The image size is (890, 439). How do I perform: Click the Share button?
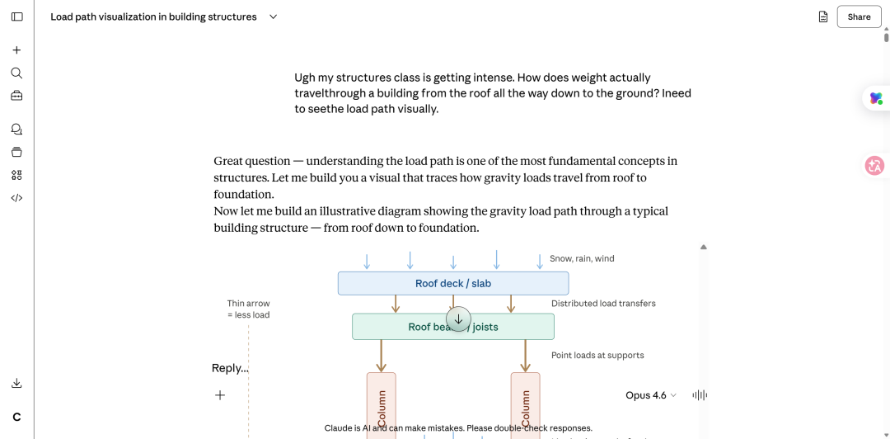pyautogui.click(x=859, y=17)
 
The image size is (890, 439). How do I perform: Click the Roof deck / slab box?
pyautogui.click(x=452, y=283)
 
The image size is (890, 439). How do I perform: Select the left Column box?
pyautogui.click(x=381, y=406)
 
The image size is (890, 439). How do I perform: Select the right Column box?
pyautogui.click(x=525, y=406)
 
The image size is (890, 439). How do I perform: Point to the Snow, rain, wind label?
pyautogui.click(x=582, y=258)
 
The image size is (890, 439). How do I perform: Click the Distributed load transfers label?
pyautogui.click(x=603, y=303)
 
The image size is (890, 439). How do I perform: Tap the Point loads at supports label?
pyautogui.click(x=597, y=355)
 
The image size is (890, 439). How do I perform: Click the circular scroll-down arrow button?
pyautogui.click(x=458, y=319)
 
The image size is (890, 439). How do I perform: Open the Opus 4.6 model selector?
pyautogui.click(x=650, y=395)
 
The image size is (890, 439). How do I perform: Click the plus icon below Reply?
pyautogui.click(x=220, y=395)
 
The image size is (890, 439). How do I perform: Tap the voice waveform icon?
pyautogui.click(x=700, y=395)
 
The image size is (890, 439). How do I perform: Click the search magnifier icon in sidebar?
pyautogui.click(x=16, y=73)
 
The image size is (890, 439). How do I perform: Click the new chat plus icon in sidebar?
pyautogui.click(x=16, y=50)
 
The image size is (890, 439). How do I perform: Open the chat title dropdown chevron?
pyautogui.click(x=274, y=17)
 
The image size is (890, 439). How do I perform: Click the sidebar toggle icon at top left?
pyautogui.click(x=16, y=17)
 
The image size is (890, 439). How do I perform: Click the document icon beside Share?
pyautogui.click(x=823, y=17)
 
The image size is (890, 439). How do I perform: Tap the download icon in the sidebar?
pyautogui.click(x=16, y=383)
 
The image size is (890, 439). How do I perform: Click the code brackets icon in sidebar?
pyautogui.click(x=16, y=198)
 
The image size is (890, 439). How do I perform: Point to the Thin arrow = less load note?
pyautogui.click(x=248, y=309)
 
